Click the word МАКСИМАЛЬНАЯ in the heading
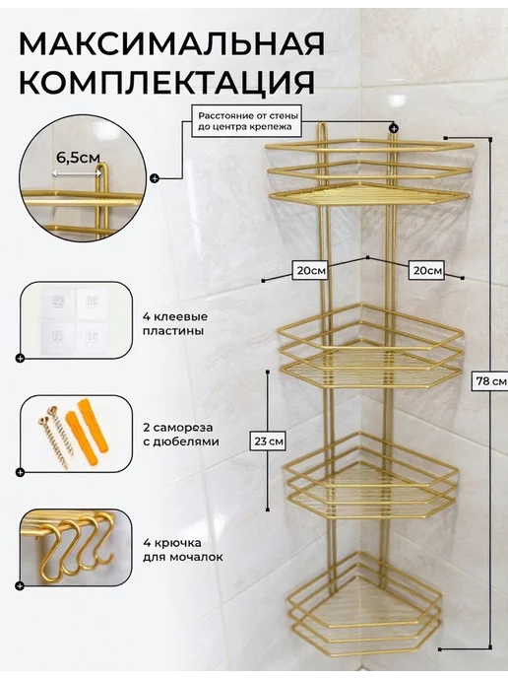coord(172,43)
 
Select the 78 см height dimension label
coord(491,381)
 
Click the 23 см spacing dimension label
coord(269,441)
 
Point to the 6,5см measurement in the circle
coord(78,158)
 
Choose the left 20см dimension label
coord(310,271)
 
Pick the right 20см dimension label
coord(427,271)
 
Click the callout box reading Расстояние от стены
coord(248,121)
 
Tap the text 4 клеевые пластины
coord(175,324)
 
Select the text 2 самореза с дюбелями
coord(181,435)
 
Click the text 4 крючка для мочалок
coord(183,550)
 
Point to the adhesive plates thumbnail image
coord(74,321)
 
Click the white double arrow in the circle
coord(77,173)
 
